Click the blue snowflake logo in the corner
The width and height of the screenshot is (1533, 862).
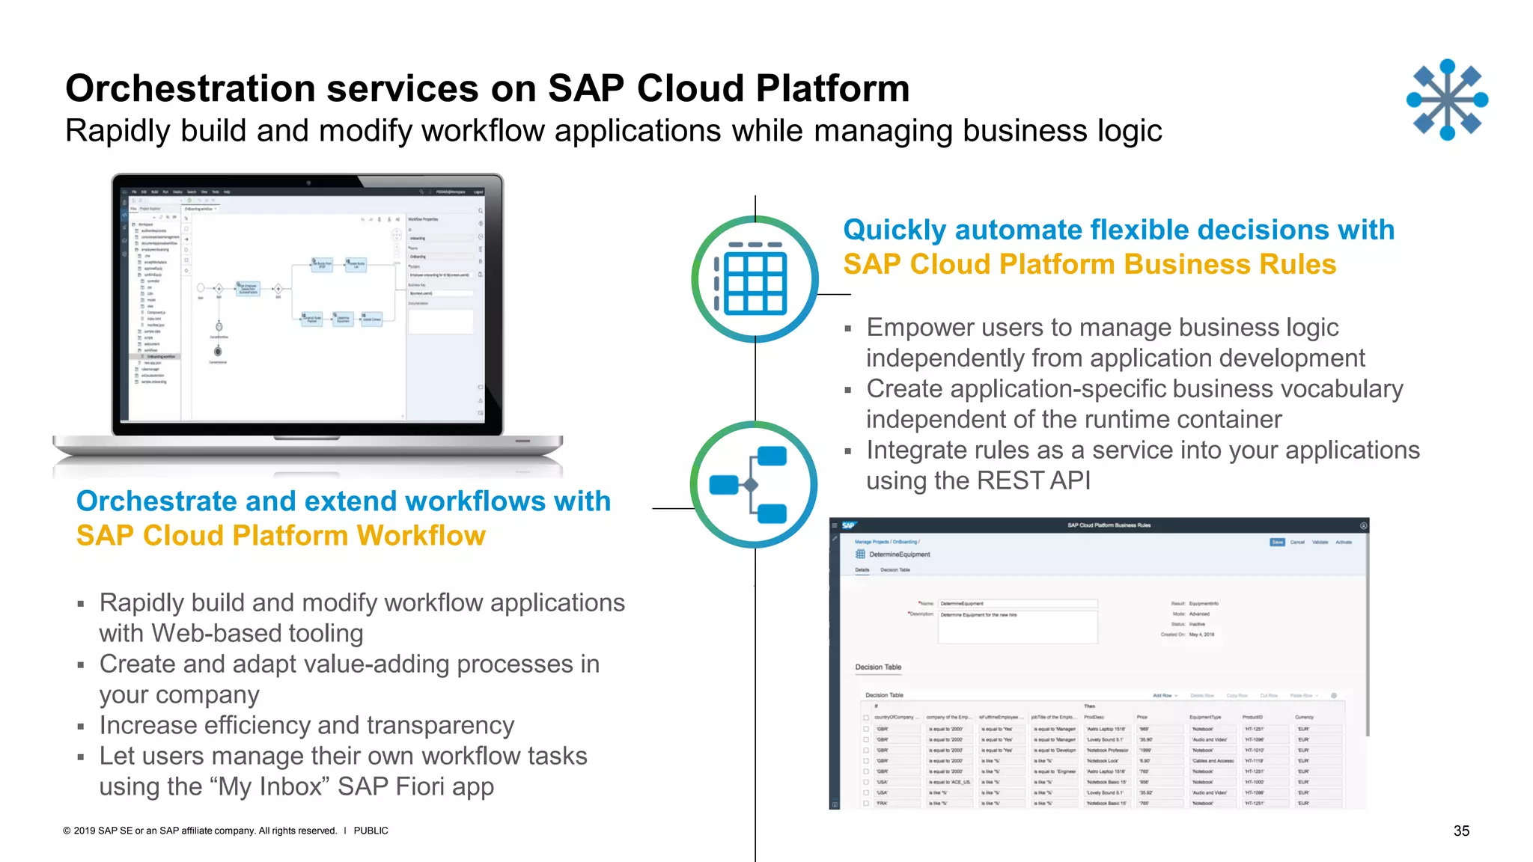click(x=1447, y=100)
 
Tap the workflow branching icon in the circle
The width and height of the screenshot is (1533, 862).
click(x=753, y=485)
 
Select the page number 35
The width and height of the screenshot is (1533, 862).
click(x=1461, y=831)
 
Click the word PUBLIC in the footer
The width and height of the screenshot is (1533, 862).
click(x=371, y=831)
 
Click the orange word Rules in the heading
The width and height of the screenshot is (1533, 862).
click(x=1297, y=264)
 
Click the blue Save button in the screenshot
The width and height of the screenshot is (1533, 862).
click(x=1277, y=542)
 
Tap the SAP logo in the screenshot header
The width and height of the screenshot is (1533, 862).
click(x=848, y=525)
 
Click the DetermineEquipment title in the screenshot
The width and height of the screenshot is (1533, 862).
click(x=899, y=554)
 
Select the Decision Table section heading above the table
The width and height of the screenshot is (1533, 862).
click(x=878, y=667)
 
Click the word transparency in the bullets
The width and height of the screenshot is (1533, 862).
click(x=440, y=725)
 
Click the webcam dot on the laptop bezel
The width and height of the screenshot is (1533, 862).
click(x=308, y=182)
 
